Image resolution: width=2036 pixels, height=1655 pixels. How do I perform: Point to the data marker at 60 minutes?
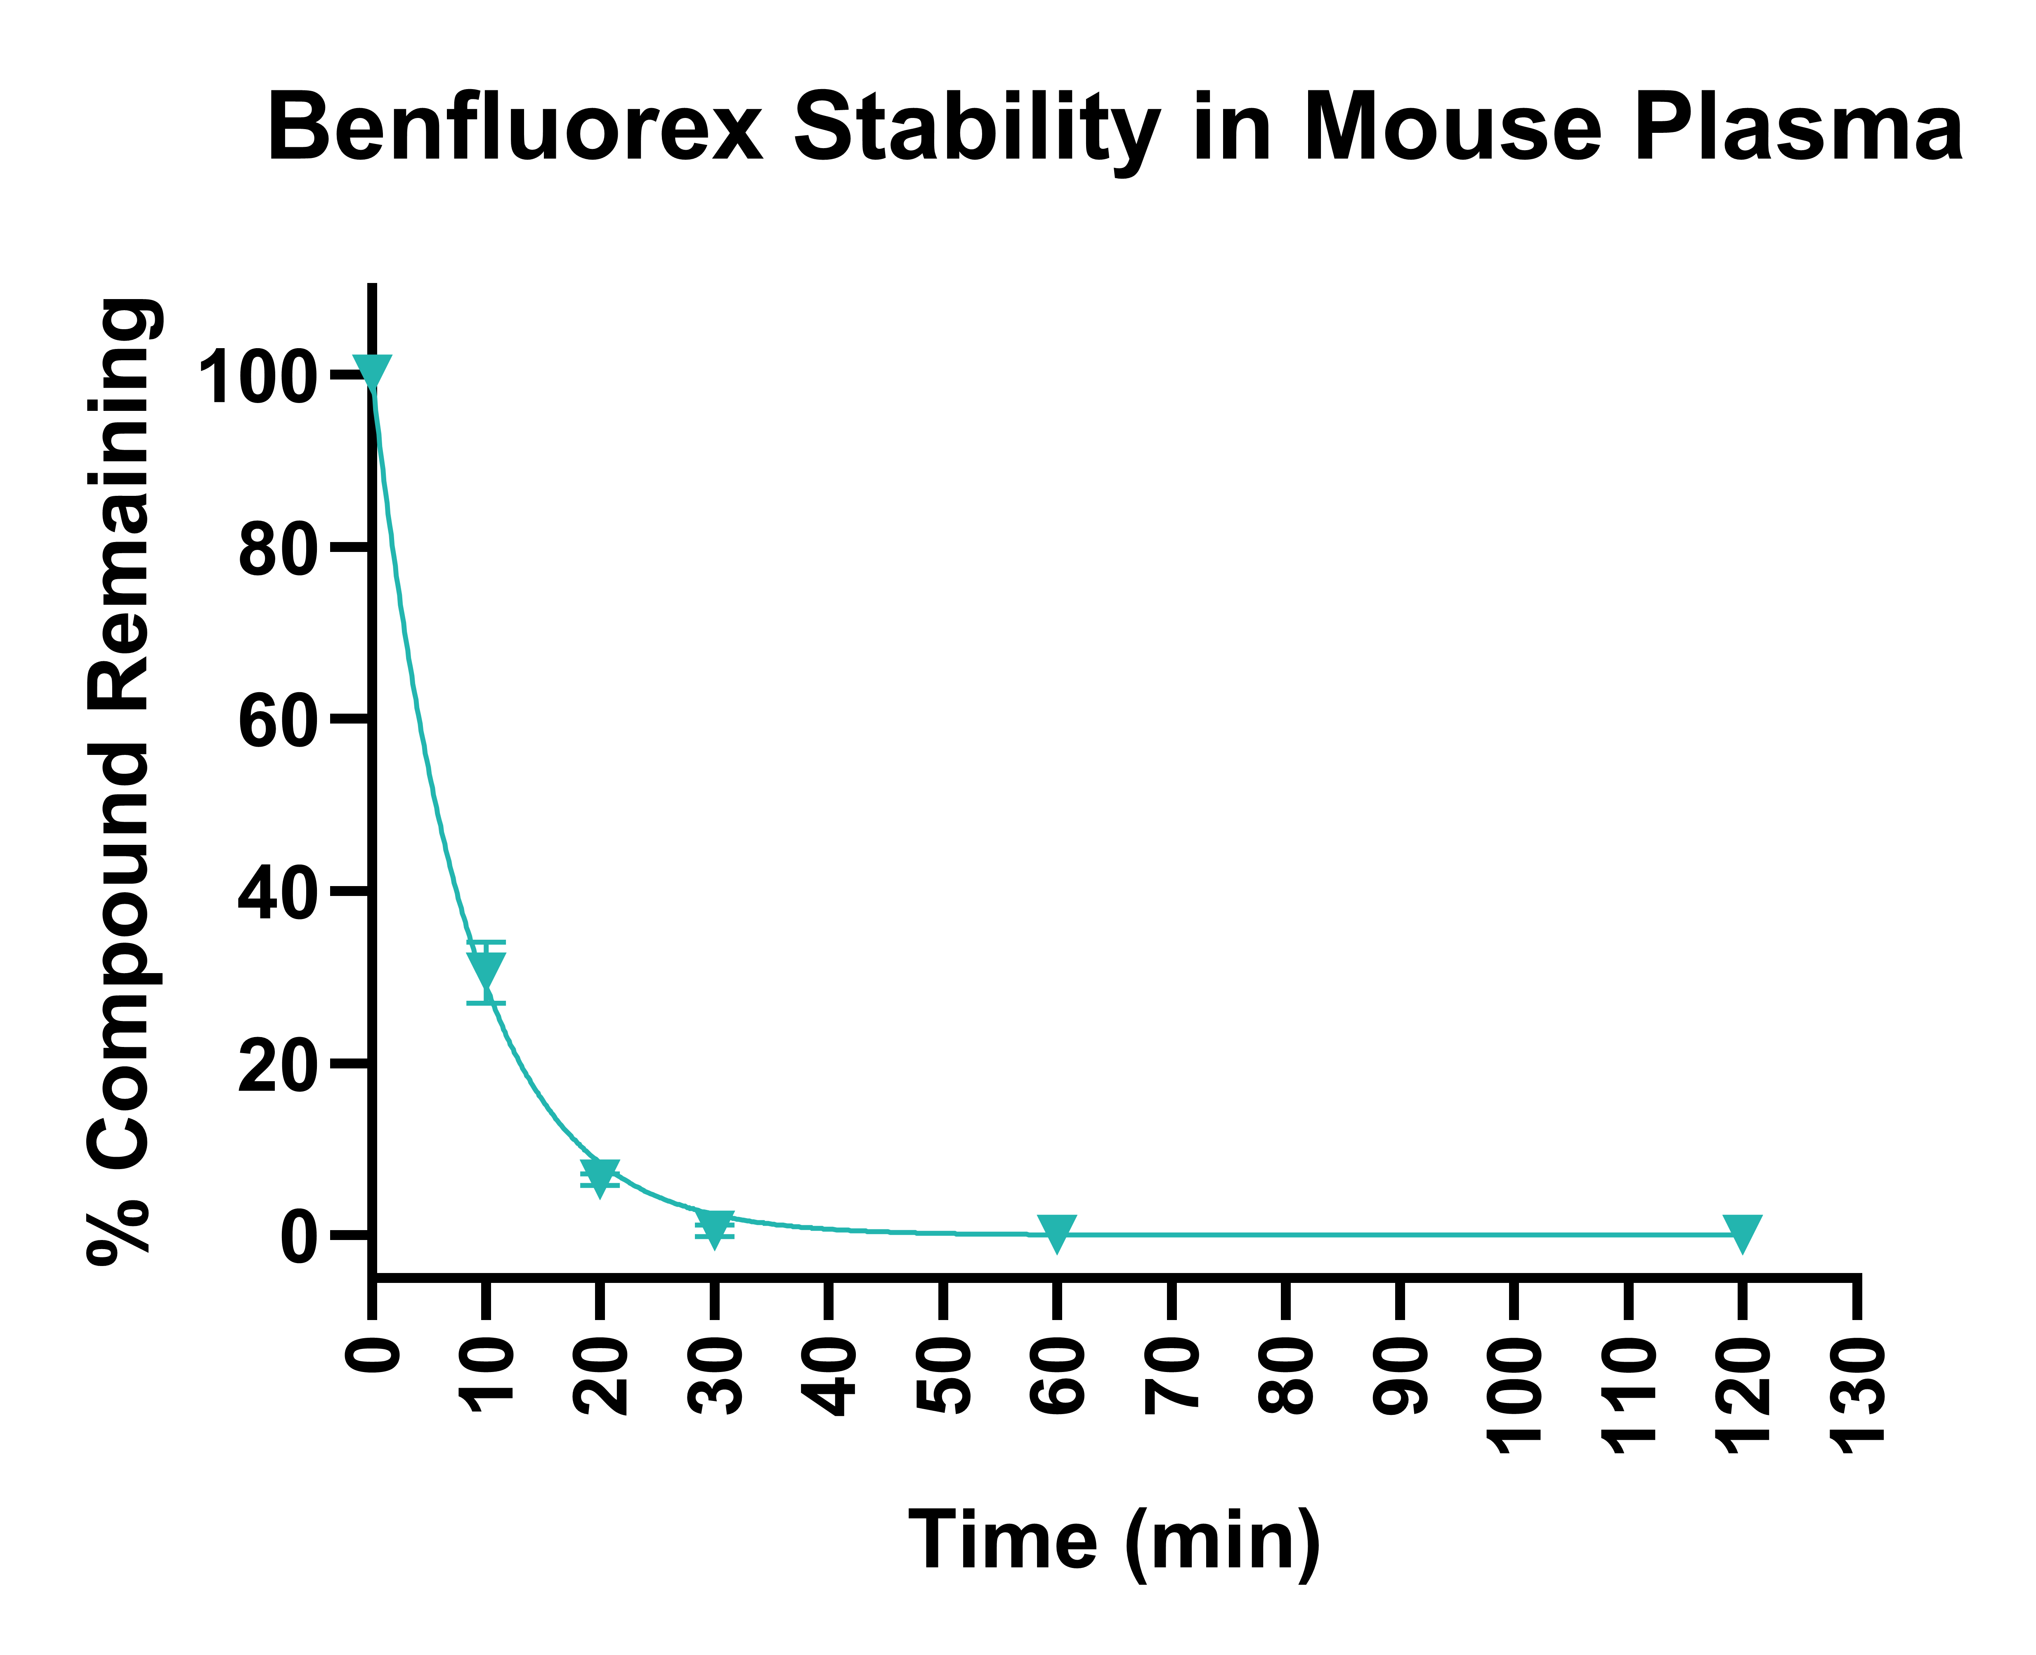1057,1232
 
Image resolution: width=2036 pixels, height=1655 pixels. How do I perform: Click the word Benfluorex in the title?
515,129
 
